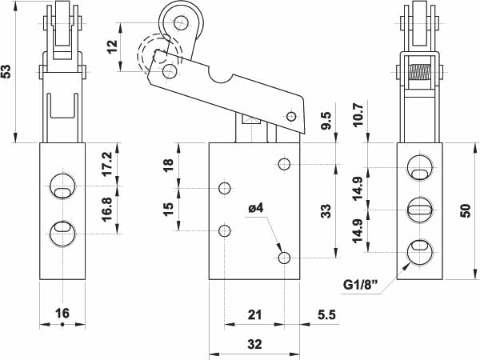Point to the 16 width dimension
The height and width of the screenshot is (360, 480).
[61, 314]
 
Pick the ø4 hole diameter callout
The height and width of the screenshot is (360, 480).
[256, 210]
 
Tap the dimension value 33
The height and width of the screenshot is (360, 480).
[326, 211]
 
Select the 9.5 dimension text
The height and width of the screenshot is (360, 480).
[326, 122]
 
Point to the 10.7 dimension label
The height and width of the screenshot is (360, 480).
[358, 116]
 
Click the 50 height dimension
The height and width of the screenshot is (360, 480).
[465, 210]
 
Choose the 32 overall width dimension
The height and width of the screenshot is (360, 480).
[254, 344]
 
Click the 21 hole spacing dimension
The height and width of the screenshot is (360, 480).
[254, 314]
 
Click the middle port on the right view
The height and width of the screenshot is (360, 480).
[419, 210]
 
